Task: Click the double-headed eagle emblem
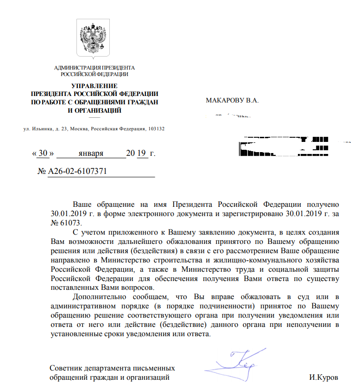[x=94, y=38]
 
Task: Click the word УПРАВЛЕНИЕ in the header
[x=95, y=85]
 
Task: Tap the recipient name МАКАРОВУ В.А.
[x=232, y=100]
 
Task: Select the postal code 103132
[x=156, y=128]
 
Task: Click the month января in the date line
[x=91, y=153]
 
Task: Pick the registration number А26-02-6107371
[x=77, y=171]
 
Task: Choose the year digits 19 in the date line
[x=142, y=153]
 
